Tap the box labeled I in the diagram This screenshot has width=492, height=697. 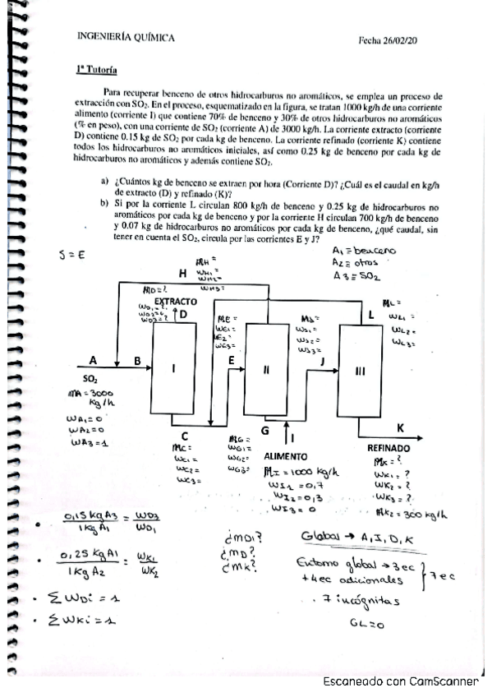(173, 369)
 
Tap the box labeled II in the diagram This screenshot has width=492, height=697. (265, 369)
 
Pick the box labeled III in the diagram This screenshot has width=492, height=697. (359, 371)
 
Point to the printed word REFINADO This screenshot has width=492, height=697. (388, 448)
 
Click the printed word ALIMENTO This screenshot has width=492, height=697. (286, 455)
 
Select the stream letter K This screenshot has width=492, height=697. (400, 428)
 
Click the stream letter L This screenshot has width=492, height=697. (371, 314)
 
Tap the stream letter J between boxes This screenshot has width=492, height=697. (322, 360)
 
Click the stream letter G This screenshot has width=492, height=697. (264, 430)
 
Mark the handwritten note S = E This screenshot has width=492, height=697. (72, 256)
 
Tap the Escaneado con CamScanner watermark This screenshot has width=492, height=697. (400, 681)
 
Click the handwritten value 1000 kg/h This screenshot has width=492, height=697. (313, 472)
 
